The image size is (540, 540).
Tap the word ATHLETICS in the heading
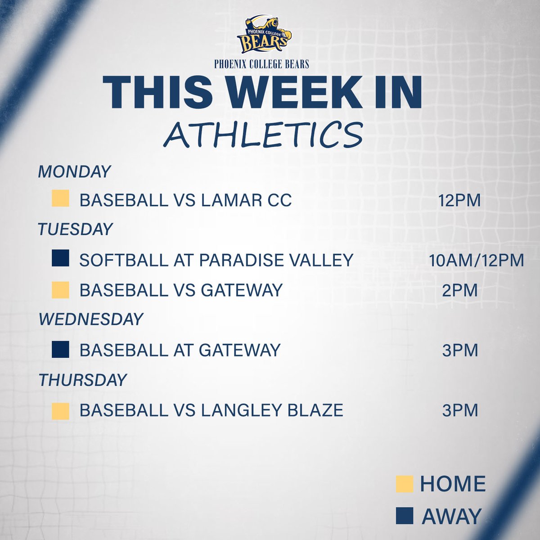click(263, 134)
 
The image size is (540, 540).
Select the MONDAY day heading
click(74, 171)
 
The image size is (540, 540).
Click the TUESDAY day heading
click(75, 229)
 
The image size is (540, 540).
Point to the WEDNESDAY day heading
click(90, 319)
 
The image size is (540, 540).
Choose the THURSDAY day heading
click(83, 380)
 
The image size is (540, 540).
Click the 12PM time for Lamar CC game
click(459, 200)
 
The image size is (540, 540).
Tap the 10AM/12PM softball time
click(477, 260)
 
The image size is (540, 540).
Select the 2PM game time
click(459, 290)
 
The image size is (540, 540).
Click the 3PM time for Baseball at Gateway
click(459, 350)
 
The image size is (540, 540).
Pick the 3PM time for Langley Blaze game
click(459, 410)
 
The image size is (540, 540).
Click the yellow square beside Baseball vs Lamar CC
click(60, 198)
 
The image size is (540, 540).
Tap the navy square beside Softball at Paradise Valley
click(60, 259)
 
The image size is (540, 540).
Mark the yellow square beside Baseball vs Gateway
click(60, 290)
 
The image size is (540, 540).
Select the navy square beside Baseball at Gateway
click(60, 350)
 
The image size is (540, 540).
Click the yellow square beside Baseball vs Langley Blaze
click(60, 410)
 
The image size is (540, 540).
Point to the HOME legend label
click(452, 484)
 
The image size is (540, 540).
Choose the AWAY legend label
click(451, 516)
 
